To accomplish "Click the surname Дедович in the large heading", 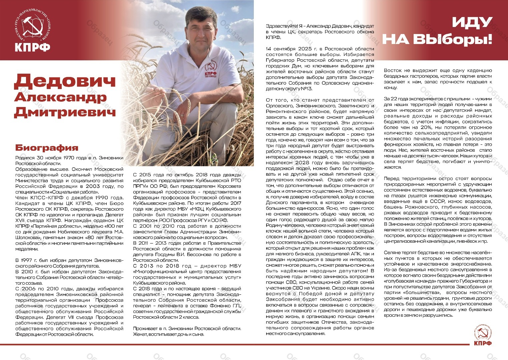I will (x=65, y=81).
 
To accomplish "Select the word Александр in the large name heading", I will (x=60, y=97).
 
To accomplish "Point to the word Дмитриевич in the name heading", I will (x=65, y=112).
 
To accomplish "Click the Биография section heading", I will (x=47, y=148).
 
